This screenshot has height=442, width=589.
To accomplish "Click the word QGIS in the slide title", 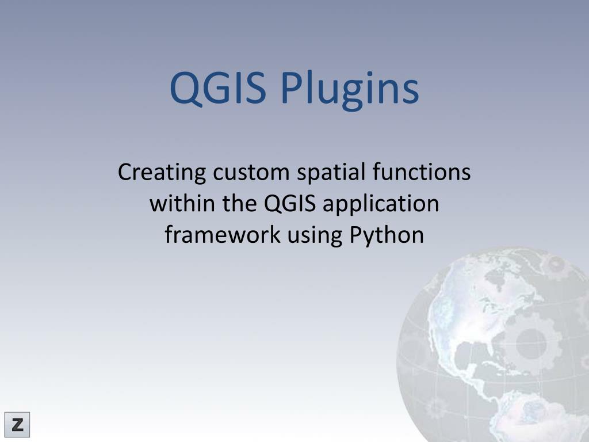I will point(218,88).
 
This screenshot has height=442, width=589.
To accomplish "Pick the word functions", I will point(421,173).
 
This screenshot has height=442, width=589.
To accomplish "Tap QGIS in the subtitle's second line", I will point(290,204).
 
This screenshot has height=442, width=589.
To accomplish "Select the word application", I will point(380,204).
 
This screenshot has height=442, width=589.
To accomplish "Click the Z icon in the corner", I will point(17,425).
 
